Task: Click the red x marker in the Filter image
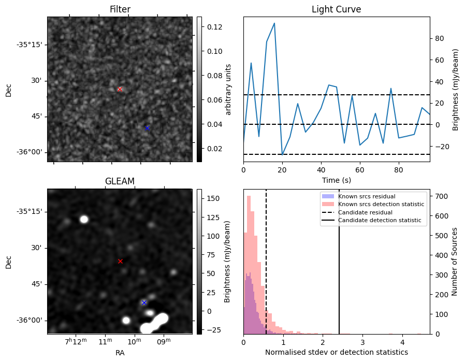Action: coord(120,89)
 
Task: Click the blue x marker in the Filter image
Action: coord(147,128)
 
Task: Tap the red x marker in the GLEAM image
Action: coord(120,261)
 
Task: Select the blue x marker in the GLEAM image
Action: coord(144,302)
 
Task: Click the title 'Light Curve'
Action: coord(336,9)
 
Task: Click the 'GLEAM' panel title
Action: coord(120,181)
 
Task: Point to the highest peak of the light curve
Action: coord(274,23)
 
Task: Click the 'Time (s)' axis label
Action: coord(336,179)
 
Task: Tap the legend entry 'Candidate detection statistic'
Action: coord(381,221)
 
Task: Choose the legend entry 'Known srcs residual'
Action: coord(366,197)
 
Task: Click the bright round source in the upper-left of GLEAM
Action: coord(84,219)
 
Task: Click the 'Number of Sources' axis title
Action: coord(455,262)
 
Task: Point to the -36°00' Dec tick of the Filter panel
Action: coord(30,152)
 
